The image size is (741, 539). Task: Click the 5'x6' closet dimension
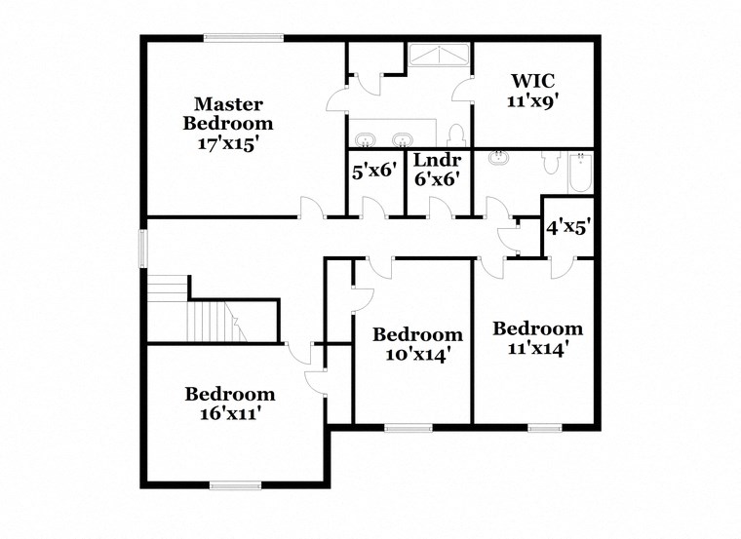(x=374, y=170)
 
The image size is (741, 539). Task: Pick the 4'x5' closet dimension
(x=566, y=227)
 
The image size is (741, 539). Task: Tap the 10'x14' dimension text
(x=417, y=355)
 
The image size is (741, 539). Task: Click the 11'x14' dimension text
(x=537, y=346)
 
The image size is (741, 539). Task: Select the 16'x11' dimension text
(x=230, y=412)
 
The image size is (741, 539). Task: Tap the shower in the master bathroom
(x=438, y=55)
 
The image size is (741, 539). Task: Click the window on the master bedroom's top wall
(x=244, y=38)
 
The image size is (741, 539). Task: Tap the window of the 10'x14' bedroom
(x=409, y=427)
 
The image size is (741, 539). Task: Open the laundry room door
(x=438, y=208)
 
